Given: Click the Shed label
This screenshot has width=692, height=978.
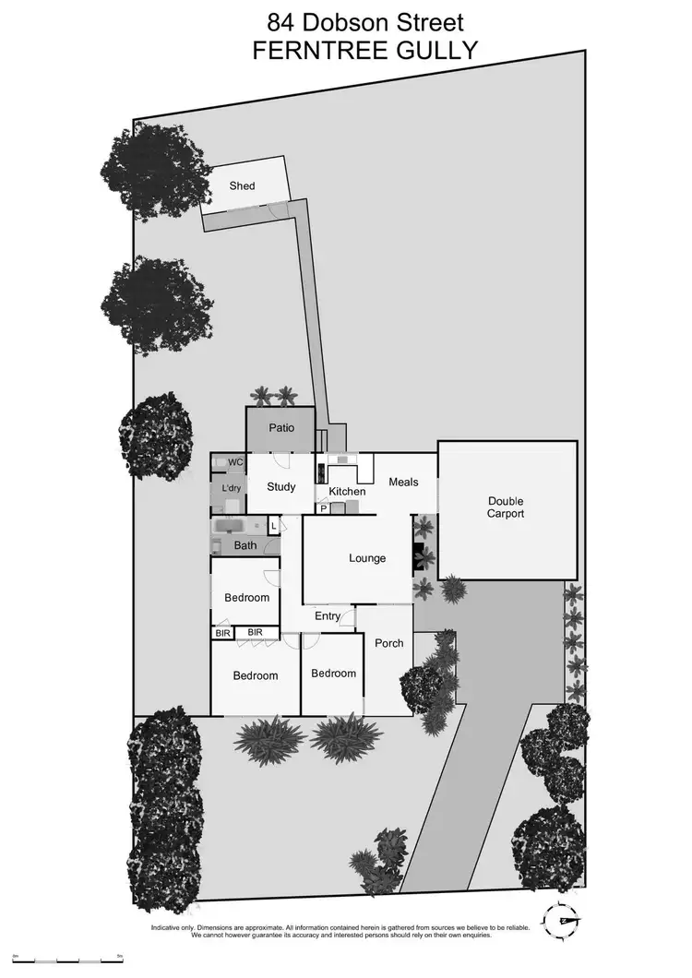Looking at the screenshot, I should [242, 186].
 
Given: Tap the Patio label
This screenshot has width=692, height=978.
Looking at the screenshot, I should [280, 428].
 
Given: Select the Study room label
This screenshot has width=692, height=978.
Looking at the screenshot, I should [280, 486].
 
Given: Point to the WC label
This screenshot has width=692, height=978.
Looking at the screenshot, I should [235, 462].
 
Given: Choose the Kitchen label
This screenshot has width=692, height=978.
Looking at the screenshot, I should [348, 491].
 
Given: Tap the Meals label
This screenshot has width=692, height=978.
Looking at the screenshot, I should [403, 482].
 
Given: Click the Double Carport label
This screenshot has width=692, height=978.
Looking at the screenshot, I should [506, 507].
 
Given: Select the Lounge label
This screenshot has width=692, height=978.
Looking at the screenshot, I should [366, 558].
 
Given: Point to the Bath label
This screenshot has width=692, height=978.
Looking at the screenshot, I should [245, 545].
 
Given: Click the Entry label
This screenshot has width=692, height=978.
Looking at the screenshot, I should [328, 616].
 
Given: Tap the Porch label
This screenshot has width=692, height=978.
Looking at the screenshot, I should [388, 643].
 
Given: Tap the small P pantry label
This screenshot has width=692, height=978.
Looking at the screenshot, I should [324, 507].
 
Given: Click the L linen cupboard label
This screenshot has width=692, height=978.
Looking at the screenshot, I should [273, 526].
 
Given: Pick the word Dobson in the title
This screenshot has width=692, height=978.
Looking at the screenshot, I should [348, 21].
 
